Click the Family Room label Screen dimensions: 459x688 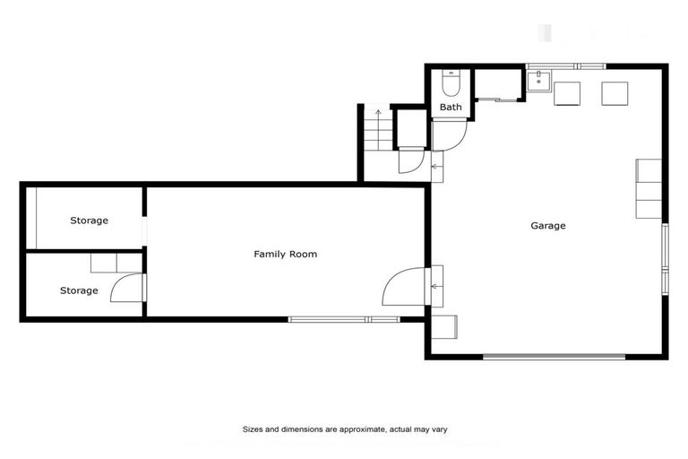coord(285,255)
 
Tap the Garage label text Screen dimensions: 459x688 coord(548,226)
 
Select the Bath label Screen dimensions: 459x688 coord(451,108)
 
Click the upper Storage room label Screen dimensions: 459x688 coord(90,221)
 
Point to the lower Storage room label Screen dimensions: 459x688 coord(79,290)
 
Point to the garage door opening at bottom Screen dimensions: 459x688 coord(554,357)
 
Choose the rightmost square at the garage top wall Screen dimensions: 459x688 coord(615,93)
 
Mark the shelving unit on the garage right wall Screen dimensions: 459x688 coord(648,188)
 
